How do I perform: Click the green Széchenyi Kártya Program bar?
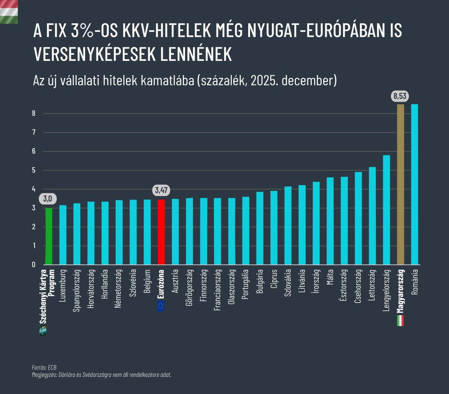[x=49, y=236]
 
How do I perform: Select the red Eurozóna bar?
[x=161, y=232]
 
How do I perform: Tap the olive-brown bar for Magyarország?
[x=400, y=184]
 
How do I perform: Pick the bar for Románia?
[x=414, y=184]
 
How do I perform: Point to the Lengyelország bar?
[x=386, y=210]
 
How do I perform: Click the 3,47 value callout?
[x=161, y=190]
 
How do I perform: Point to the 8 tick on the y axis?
[x=33, y=113]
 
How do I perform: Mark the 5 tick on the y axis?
[x=33, y=170]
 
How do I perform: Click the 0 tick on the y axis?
[x=33, y=264]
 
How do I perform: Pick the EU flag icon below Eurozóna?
[x=160, y=306]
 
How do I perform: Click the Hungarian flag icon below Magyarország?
[x=400, y=320]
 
